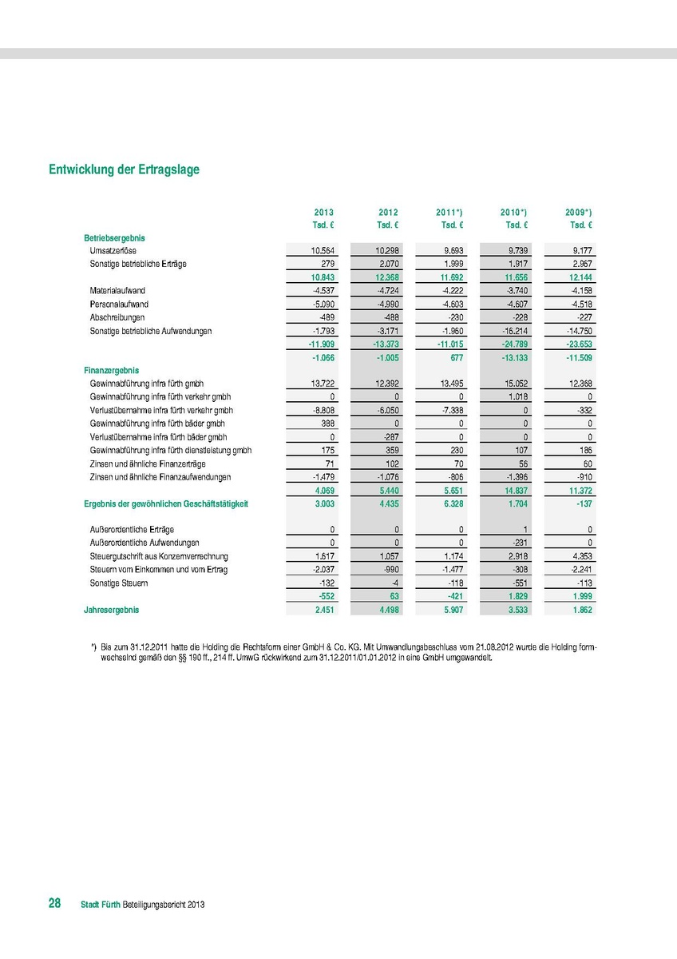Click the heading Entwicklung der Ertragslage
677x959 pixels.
pos(124,169)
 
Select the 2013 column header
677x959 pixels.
pos(323,213)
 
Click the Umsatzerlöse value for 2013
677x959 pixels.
pos(323,251)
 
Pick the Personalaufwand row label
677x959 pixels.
pos(119,304)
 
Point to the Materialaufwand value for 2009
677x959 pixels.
pos(579,291)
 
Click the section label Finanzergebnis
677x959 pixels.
pos(112,371)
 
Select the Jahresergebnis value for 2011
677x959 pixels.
pos(453,610)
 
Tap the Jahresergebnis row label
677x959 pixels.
pos(111,610)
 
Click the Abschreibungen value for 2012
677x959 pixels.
pos(387,317)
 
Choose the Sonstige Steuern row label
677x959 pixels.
pos(119,583)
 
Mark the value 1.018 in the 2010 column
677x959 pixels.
pos(517,397)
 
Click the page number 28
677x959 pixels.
pos(55,903)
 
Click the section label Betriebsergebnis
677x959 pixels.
pos(114,238)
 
